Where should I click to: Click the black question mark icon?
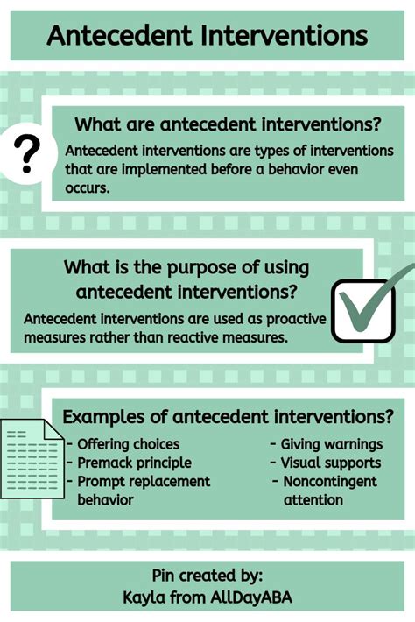point(27,154)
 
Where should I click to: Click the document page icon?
point(32,458)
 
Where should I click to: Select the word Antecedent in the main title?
point(119,36)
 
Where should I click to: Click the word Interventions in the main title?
point(284,36)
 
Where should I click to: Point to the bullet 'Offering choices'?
point(123,444)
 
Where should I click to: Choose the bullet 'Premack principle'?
point(130,463)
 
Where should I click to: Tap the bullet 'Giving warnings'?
point(327,444)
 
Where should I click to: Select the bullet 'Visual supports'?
point(326,463)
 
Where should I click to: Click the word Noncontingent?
point(330,482)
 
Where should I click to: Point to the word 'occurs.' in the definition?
point(88,188)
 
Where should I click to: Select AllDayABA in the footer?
point(251,597)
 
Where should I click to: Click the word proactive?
point(296,320)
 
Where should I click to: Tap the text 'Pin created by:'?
point(207,576)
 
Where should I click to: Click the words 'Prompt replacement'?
point(144,482)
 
